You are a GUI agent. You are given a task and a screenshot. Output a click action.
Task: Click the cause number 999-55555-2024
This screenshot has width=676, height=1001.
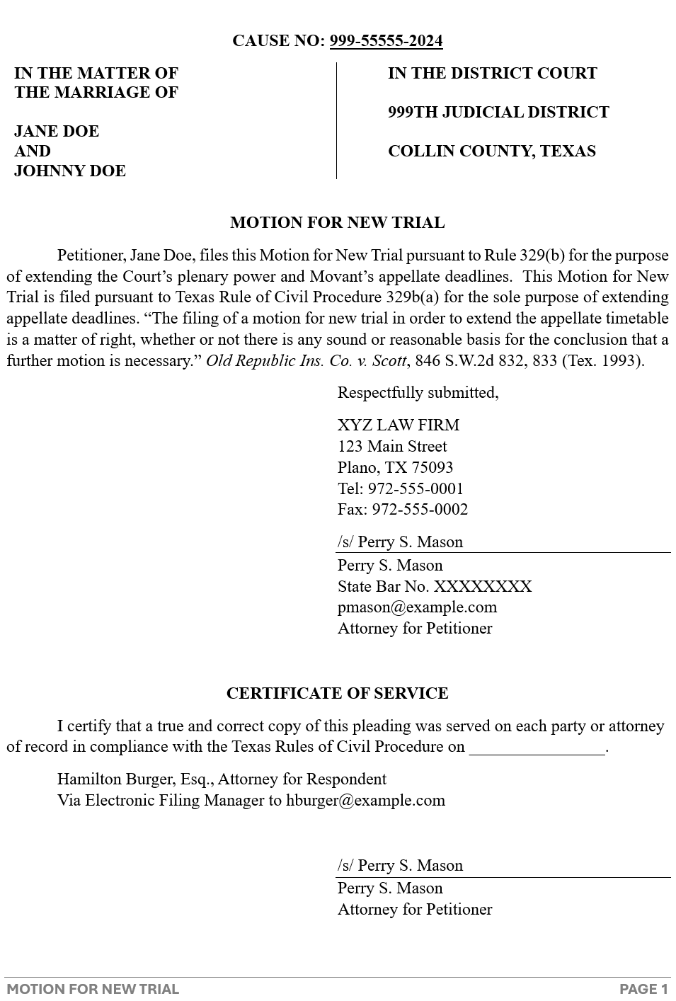(x=386, y=41)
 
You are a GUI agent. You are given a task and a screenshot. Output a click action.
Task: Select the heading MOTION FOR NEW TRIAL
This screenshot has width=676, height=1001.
(x=337, y=223)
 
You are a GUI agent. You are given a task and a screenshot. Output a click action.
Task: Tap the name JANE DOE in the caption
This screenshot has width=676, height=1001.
(x=57, y=132)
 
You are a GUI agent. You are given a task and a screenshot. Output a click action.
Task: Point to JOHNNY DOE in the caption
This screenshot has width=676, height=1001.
(x=70, y=171)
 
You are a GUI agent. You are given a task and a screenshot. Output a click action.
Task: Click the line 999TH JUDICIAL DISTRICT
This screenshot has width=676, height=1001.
(x=498, y=113)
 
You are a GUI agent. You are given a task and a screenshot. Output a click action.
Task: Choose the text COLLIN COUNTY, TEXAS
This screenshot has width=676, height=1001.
(x=491, y=151)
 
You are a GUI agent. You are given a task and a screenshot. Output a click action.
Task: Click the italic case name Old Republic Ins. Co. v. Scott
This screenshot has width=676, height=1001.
(x=306, y=361)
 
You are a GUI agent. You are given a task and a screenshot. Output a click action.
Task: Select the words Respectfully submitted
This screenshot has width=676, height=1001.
(x=418, y=393)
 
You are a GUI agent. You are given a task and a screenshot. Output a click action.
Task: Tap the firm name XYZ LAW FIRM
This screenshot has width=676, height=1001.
(x=398, y=425)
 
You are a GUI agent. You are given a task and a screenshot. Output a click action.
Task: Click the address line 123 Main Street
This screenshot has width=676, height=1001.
(x=392, y=447)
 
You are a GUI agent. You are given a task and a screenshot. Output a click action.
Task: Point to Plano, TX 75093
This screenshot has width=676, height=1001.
(x=395, y=468)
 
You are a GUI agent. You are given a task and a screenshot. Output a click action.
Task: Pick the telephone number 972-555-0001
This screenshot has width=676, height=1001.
(x=416, y=489)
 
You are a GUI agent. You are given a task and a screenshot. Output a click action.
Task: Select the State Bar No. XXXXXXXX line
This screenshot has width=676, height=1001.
(x=434, y=587)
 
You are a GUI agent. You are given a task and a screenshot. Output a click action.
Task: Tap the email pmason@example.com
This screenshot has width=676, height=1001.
(x=417, y=607)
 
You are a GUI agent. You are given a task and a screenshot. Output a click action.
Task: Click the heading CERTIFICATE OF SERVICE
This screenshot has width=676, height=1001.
(x=337, y=694)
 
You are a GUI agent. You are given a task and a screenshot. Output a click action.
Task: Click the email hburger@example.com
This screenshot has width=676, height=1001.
(x=365, y=801)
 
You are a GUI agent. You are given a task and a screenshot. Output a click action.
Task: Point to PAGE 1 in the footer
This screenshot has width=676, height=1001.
(x=643, y=990)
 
